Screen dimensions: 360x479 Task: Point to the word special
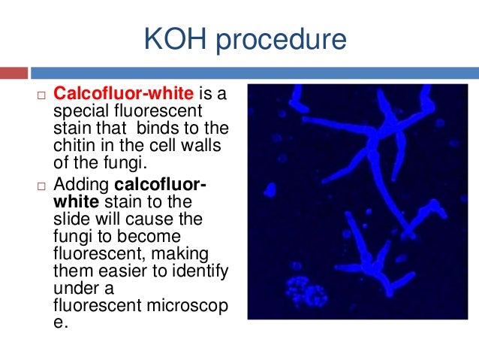click(81, 111)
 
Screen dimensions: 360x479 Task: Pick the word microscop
click(185, 307)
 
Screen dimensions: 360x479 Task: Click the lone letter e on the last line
click(60, 325)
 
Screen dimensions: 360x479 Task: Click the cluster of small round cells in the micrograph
click(299, 287)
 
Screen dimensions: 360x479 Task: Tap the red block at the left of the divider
click(14, 73)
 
